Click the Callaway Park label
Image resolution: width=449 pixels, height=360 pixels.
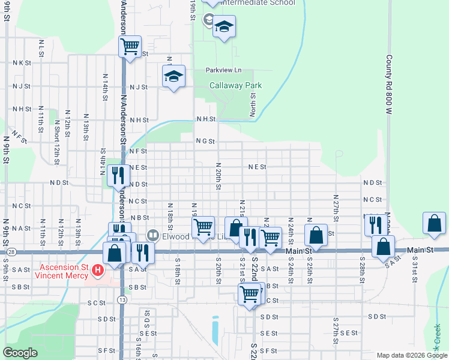[235, 86]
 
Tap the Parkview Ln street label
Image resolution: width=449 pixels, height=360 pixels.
[223, 70]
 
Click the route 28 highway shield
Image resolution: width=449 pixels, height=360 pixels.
[11, 253]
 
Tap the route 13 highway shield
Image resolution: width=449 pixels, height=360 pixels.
[122, 299]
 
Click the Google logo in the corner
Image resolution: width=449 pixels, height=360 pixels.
[20, 353]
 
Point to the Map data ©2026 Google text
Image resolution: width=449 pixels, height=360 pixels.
[411, 355]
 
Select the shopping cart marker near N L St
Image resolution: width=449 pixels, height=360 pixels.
[130, 46]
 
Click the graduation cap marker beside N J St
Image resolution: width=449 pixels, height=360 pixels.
[173, 76]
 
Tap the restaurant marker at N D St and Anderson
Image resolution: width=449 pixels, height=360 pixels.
[118, 175]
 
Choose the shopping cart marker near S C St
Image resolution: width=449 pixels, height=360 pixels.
[249, 294]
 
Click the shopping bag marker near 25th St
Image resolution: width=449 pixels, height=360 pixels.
[316, 235]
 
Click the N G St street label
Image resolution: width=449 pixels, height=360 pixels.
[205, 141]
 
